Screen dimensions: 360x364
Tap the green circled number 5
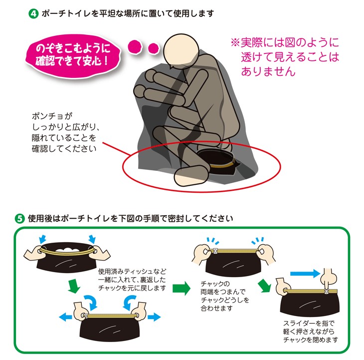click(x=20, y=219)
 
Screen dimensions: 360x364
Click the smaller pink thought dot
click(x=153, y=48)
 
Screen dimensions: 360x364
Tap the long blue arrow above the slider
click(x=304, y=273)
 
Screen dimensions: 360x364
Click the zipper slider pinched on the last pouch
click(x=327, y=289)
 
